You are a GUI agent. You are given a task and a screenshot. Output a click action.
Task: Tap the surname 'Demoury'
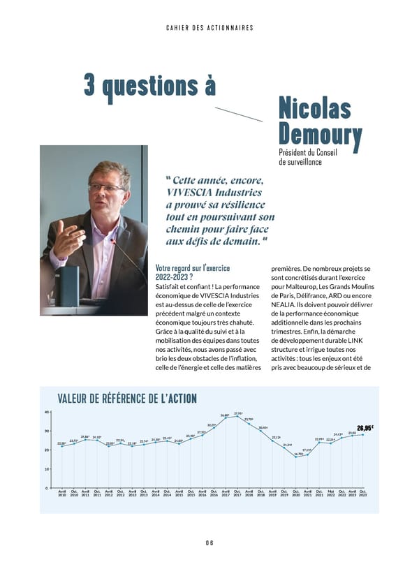tap(320, 135)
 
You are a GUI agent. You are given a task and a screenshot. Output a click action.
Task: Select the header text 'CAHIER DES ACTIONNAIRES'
tap(209, 28)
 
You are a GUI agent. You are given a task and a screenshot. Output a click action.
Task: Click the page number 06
tap(209, 542)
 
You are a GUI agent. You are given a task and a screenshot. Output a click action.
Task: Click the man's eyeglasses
tap(106, 187)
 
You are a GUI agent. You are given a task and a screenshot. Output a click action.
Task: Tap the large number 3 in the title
tap(90, 85)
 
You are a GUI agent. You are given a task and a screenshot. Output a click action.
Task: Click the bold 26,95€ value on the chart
tap(365, 428)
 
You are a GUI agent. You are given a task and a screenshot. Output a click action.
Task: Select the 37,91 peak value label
tap(238, 414)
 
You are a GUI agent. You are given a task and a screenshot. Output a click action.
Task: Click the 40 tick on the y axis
tap(46, 412)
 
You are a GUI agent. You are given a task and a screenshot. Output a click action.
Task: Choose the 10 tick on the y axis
tap(46, 468)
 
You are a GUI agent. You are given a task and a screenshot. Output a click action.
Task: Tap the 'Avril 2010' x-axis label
tap(62, 493)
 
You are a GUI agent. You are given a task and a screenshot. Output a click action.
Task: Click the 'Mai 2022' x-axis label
tap(330, 493)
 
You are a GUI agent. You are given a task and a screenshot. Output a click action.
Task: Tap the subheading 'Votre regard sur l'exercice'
tap(193, 268)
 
